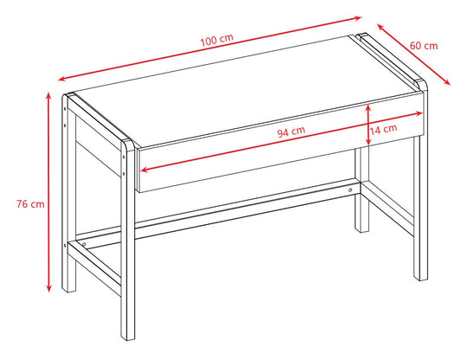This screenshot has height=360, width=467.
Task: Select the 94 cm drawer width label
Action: (x=291, y=132)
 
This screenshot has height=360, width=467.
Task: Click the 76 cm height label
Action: (x=30, y=205)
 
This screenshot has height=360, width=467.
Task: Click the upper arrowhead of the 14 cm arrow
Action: (x=369, y=106)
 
